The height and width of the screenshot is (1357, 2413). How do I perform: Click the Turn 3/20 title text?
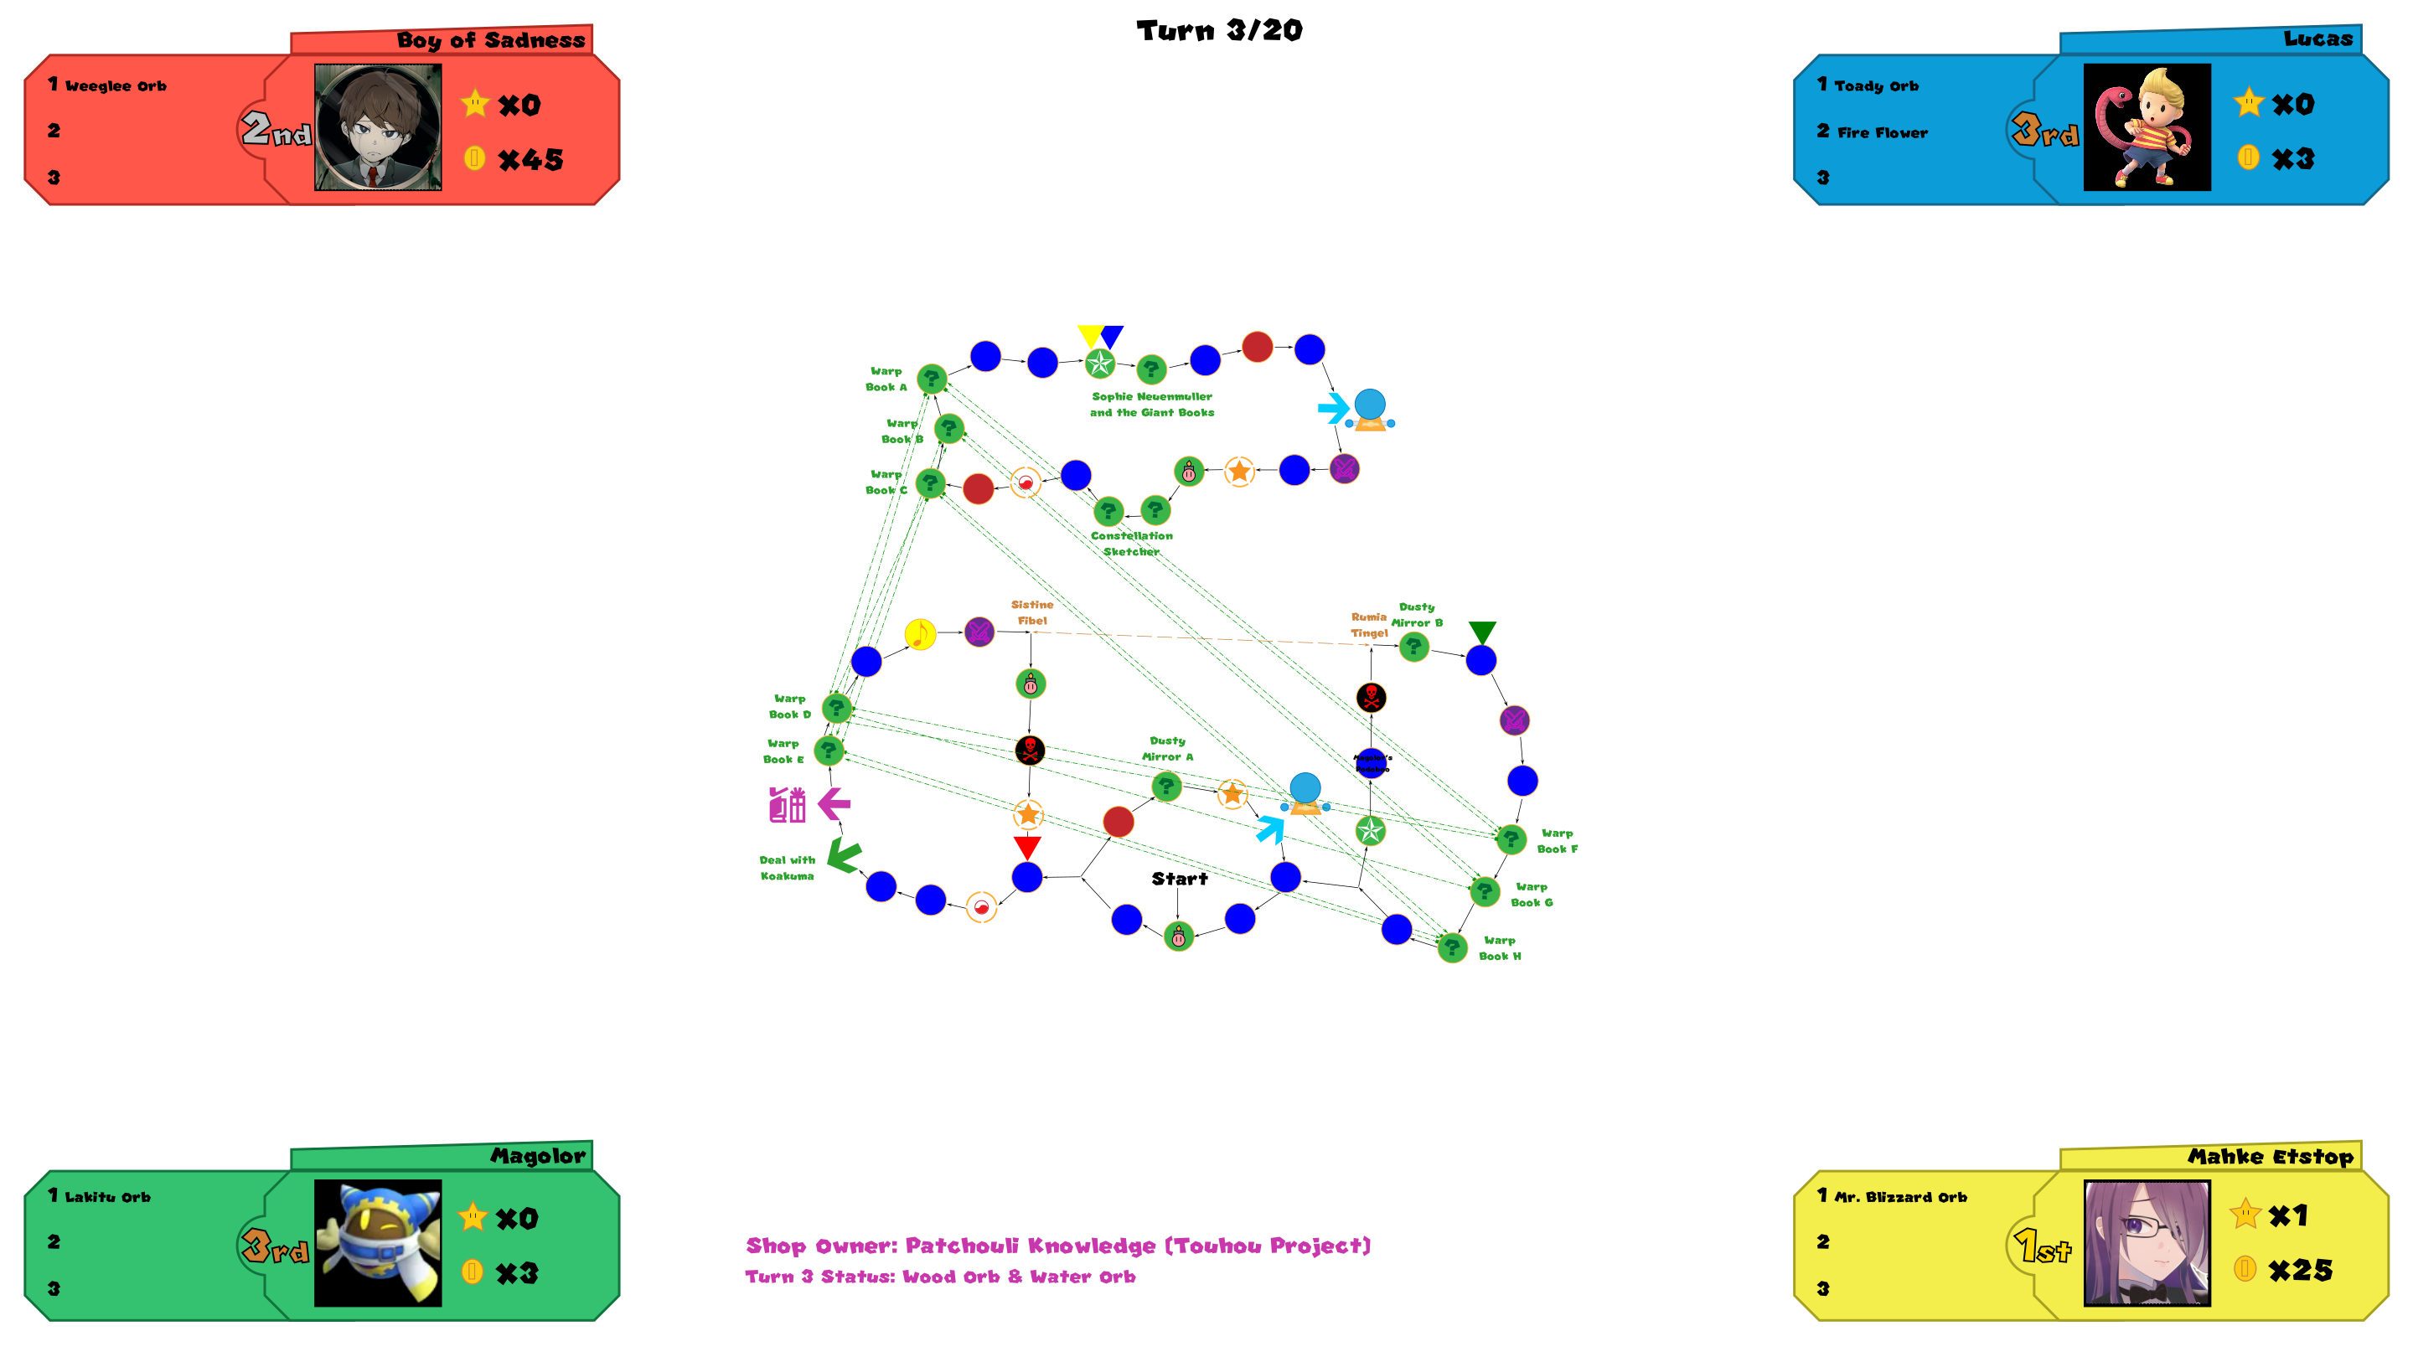(1219, 30)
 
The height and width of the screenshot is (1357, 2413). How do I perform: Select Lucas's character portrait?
(2146, 127)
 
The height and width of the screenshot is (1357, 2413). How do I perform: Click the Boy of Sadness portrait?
(378, 127)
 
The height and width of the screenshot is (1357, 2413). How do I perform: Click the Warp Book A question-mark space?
(931, 379)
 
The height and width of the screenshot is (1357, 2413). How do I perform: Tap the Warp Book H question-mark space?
(1452, 947)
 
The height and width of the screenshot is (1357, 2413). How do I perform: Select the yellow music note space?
(920, 634)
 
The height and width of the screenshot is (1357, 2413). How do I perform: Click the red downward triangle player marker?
(1027, 848)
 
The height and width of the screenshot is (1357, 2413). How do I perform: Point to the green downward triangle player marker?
(1482, 632)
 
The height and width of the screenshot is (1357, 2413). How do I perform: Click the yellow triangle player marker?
(1089, 334)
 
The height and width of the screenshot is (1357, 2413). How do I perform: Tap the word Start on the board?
(1180, 879)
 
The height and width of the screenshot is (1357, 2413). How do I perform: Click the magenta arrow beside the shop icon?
(834, 802)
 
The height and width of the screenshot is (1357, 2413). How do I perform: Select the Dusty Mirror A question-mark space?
(1165, 786)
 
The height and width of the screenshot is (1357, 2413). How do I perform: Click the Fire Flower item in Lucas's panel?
(1882, 133)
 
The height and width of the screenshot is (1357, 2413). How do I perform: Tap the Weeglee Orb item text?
(116, 86)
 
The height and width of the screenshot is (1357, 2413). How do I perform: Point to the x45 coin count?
(530, 160)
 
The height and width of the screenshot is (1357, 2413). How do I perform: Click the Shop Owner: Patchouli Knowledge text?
(1057, 1245)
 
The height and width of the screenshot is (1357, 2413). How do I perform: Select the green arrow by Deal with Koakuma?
(844, 855)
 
